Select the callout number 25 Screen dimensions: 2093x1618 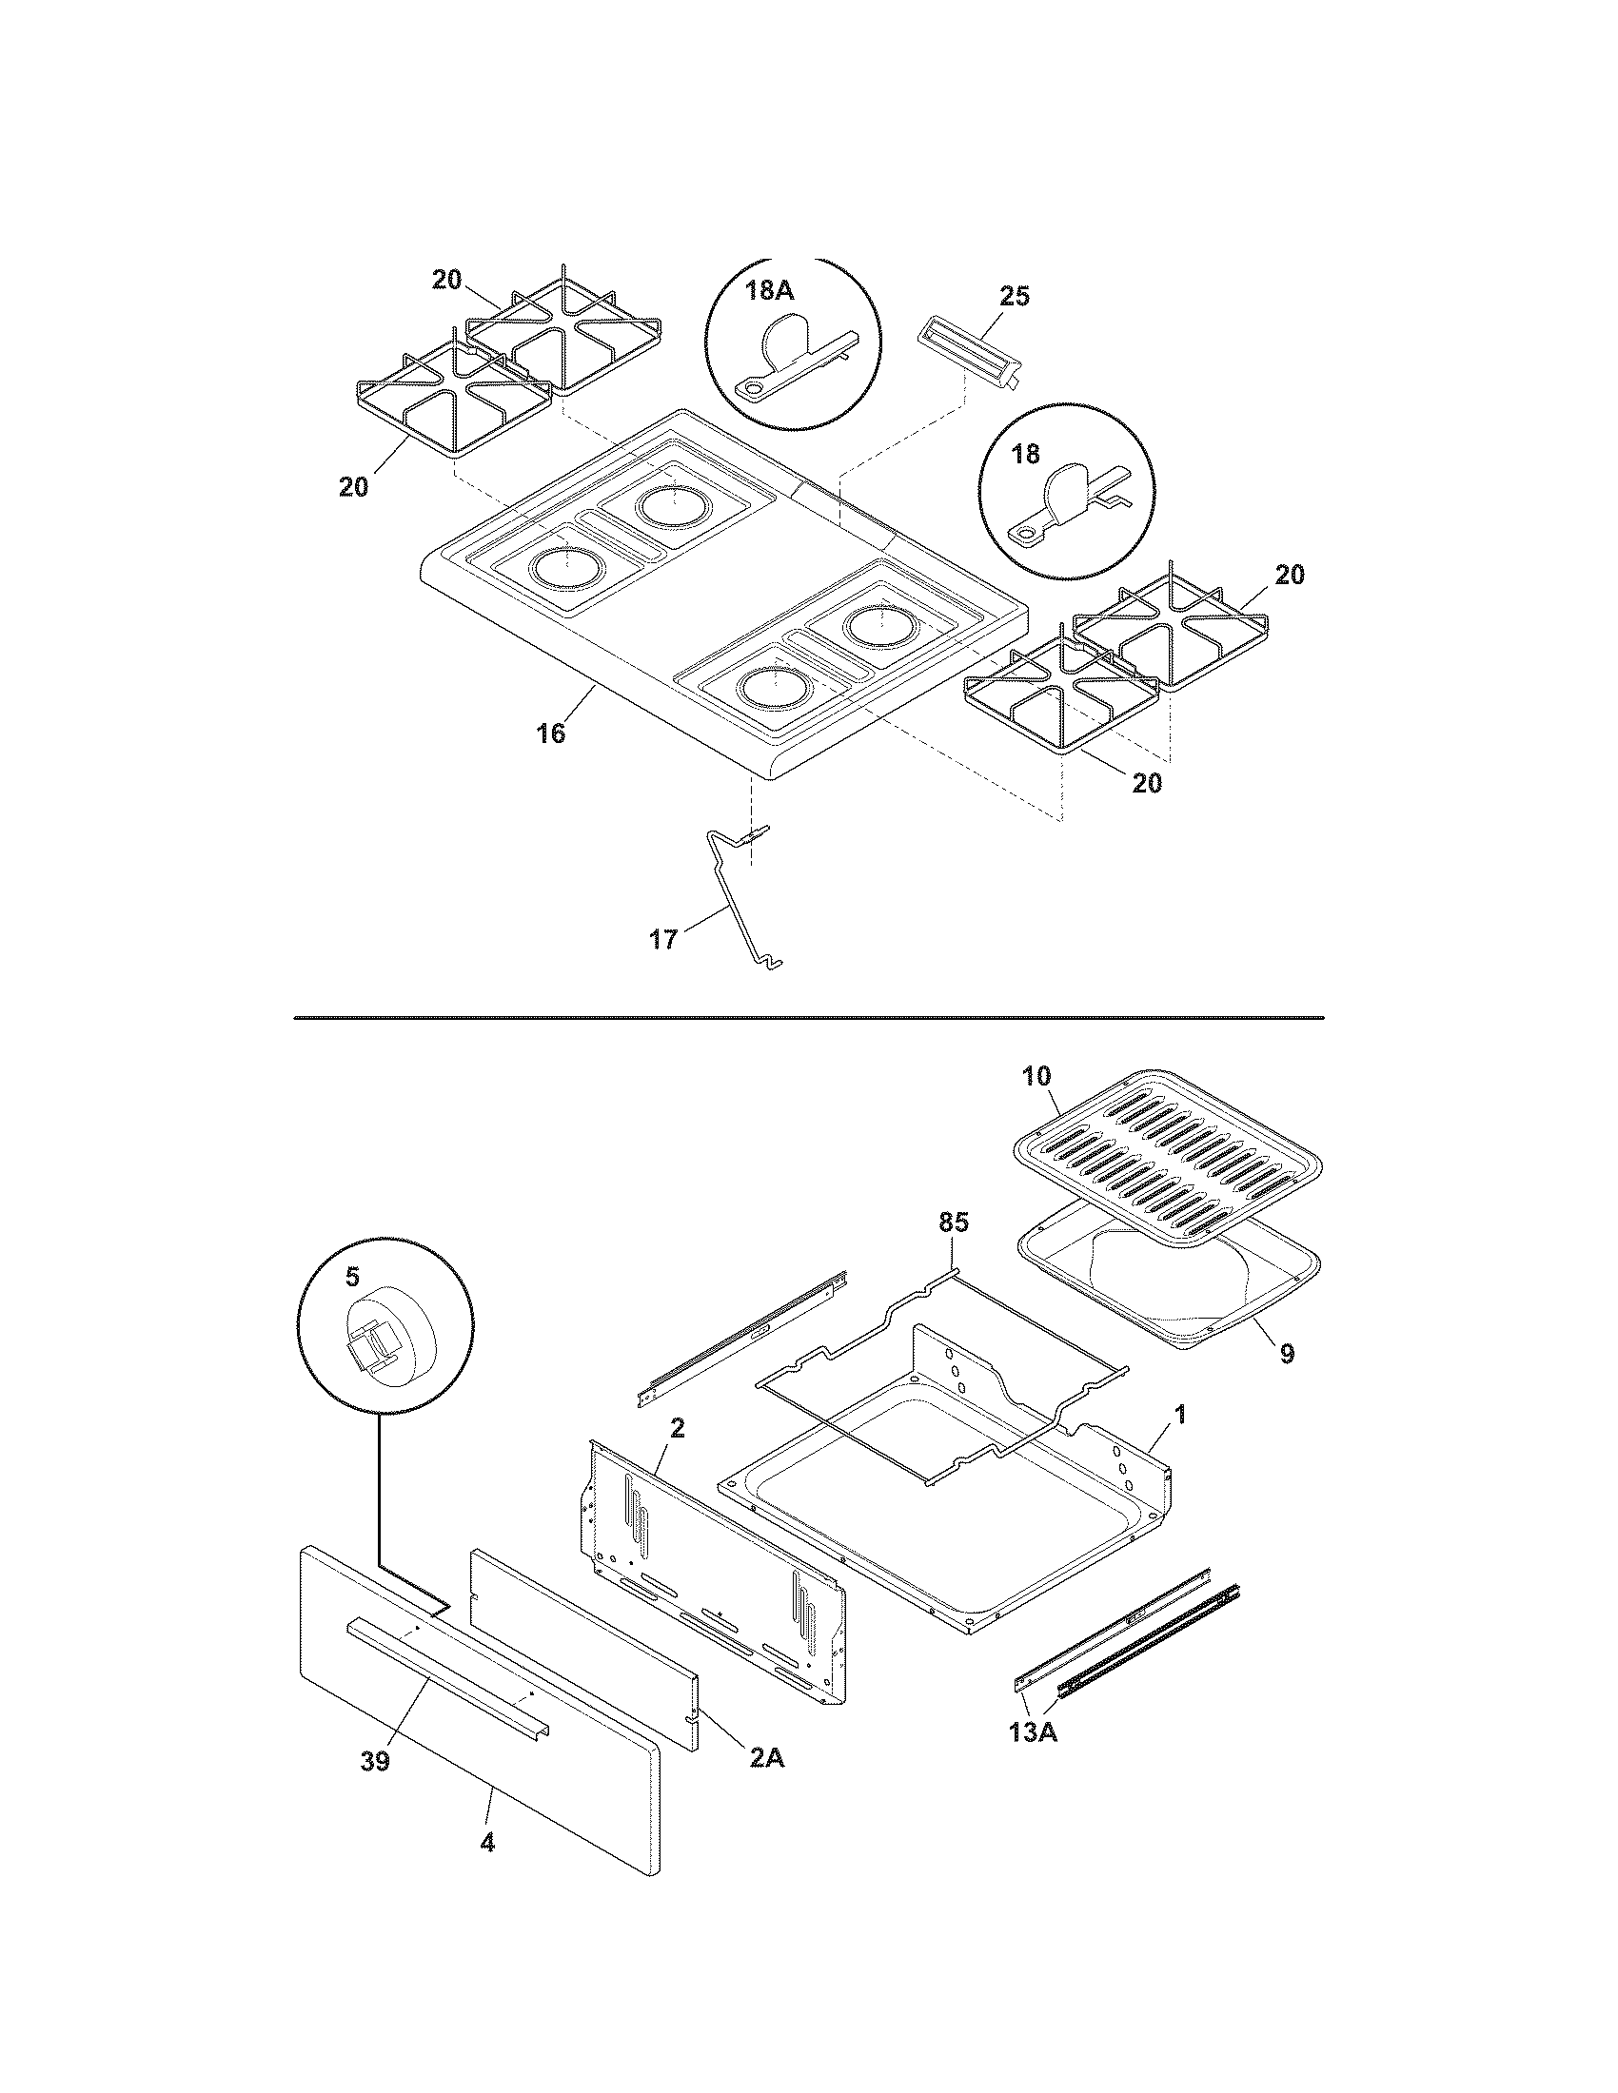coord(1015,296)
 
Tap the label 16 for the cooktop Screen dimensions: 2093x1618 coord(550,734)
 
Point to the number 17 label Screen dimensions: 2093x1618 coord(663,939)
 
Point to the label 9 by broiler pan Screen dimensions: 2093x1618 coord(1287,1353)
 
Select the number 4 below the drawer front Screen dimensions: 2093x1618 coord(487,1842)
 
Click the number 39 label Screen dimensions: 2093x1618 coord(375,1761)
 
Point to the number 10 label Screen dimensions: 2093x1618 coord(1037,1075)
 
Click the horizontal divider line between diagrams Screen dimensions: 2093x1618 coord(808,1017)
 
